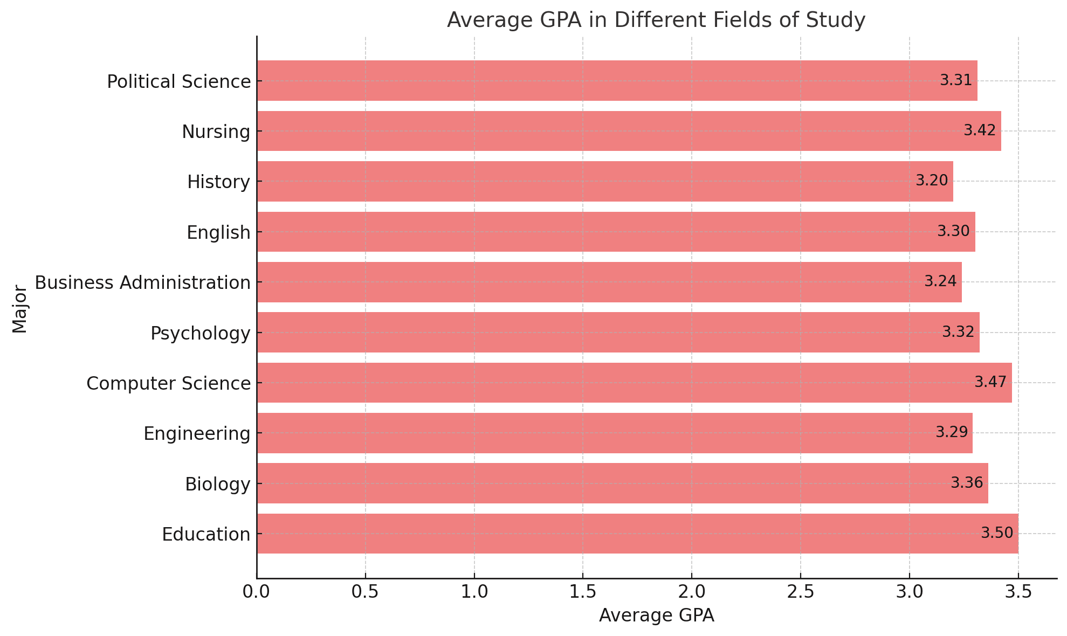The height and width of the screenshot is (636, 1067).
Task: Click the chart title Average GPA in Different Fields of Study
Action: [x=656, y=20]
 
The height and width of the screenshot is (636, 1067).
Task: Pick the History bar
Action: [x=604, y=181]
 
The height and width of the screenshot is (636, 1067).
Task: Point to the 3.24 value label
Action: [x=940, y=281]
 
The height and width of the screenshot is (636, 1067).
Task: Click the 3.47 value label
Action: [x=990, y=382]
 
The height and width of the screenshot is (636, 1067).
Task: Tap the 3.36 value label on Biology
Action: [x=966, y=483]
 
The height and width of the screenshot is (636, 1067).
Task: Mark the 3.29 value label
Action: [x=951, y=432]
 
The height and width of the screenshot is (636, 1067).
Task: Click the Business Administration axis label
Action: [x=143, y=282]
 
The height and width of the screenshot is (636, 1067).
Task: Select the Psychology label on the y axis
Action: [x=201, y=333]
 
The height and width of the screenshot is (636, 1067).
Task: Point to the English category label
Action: [x=218, y=232]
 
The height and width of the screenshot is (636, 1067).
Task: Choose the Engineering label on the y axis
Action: [x=197, y=433]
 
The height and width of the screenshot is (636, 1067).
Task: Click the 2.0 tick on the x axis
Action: [x=692, y=592]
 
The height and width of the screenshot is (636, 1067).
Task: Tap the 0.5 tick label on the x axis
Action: [x=365, y=592]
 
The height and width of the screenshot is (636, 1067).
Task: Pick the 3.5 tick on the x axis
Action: [x=1018, y=592]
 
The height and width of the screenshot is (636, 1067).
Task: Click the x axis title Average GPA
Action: [x=656, y=616]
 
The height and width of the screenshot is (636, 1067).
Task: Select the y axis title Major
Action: [x=19, y=309]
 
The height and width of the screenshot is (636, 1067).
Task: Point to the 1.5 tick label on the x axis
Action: [x=583, y=592]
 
